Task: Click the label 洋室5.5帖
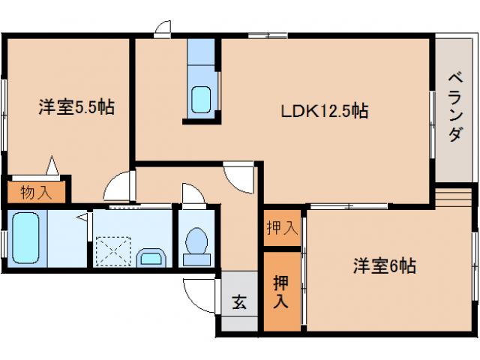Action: pyautogui.click(x=76, y=108)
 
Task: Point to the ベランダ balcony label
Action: pyautogui.click(x=454, y=107)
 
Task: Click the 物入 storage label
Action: pyautogui.click(x=36, y=192)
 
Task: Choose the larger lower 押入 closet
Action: pyautogui.click(x=280, y=292)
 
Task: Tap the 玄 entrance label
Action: pyautogui.click(x=238, y=303)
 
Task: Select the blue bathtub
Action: pyautogui.click(x=27, y=238)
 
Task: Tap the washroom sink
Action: pyautogui.click(x=154, y=258)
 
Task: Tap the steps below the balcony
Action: pyautogui.click(x=454, y=196)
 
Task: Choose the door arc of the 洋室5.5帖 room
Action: pyautogui.click(x=118, y=185)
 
